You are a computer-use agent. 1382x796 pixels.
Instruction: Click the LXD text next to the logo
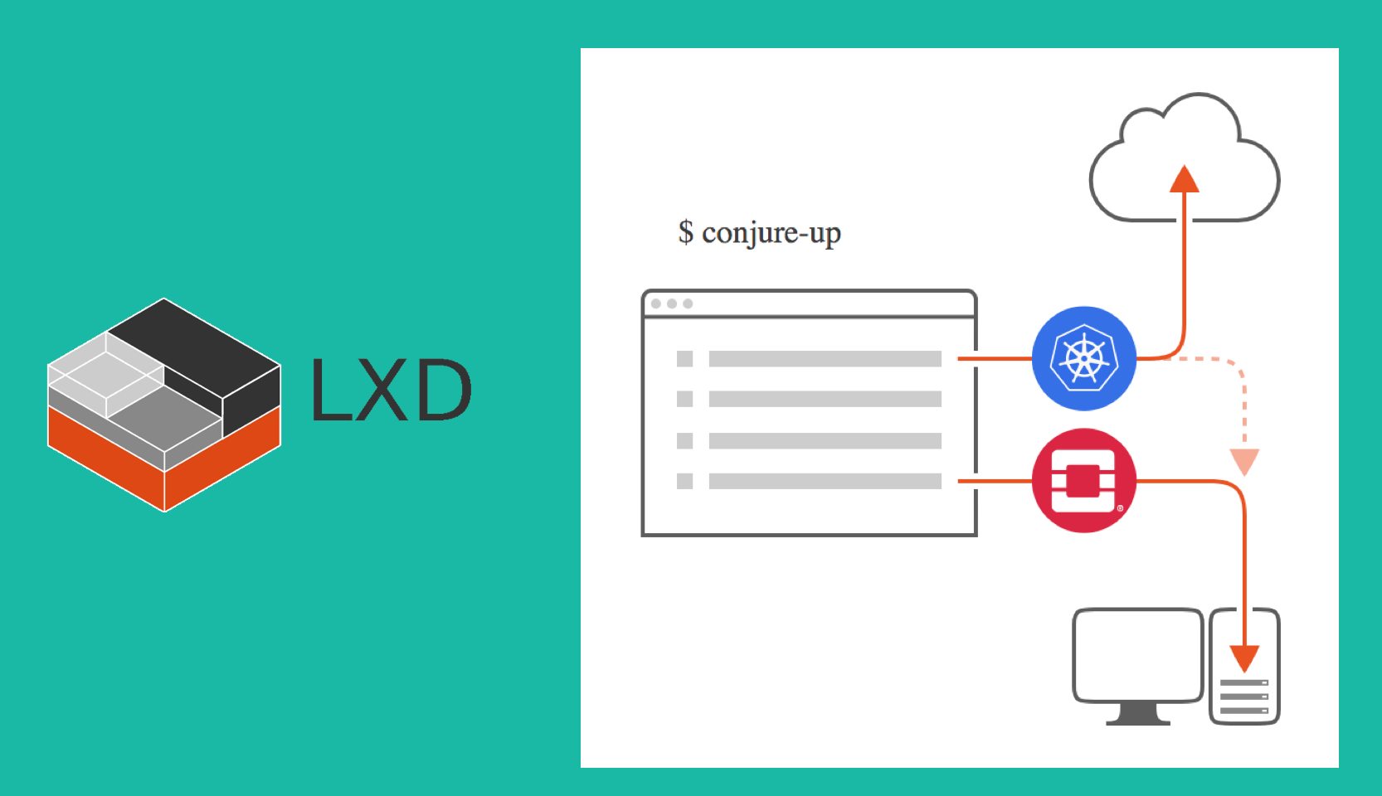(391, 390)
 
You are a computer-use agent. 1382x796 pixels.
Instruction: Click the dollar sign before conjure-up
(685, 232)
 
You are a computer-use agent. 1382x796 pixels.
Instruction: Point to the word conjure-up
(771, 234)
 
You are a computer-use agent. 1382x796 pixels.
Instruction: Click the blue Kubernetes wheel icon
(1083, 358)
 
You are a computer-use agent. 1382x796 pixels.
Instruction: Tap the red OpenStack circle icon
(1083, 480)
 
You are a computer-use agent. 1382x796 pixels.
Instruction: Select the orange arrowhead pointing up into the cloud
(1184, 179)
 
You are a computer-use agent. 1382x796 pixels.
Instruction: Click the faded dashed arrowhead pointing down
(1244, 461)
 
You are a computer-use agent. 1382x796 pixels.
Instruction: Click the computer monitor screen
(1137, 655)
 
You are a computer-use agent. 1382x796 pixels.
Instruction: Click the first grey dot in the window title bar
(656, 303)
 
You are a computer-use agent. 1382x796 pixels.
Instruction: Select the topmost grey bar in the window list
(825, 359)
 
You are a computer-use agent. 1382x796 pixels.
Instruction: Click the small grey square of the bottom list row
(684, 481)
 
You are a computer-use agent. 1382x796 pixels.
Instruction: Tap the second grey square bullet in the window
(684, 399)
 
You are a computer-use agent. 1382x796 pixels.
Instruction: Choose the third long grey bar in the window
(825, 440)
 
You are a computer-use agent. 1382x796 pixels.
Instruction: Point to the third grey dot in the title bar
(688, 303)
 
